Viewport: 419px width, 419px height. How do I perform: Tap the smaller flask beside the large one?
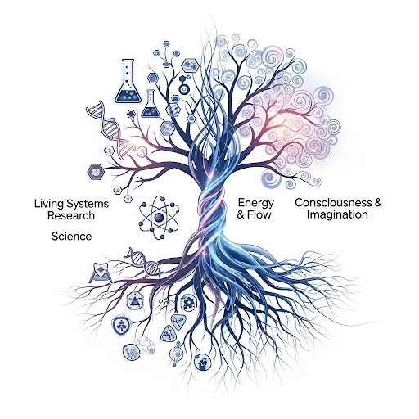150,104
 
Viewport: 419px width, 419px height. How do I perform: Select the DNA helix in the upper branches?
109,128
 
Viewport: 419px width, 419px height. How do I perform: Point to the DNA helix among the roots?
144,261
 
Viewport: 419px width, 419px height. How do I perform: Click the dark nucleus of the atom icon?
159,218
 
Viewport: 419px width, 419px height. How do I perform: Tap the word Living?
48,204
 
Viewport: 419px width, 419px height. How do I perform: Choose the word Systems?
88,204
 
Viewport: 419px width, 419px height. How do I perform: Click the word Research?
71,215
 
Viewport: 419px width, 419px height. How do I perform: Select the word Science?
71,237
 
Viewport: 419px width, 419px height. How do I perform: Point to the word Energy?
256,204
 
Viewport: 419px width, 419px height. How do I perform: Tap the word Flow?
259,215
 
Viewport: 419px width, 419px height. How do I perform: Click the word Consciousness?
333,203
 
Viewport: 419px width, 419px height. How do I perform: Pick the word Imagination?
337,214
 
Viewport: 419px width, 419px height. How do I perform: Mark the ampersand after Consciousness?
378,203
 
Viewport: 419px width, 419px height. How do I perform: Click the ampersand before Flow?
241,215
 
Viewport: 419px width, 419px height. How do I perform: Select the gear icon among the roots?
188,302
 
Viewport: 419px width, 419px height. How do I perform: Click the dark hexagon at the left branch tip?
96,172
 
